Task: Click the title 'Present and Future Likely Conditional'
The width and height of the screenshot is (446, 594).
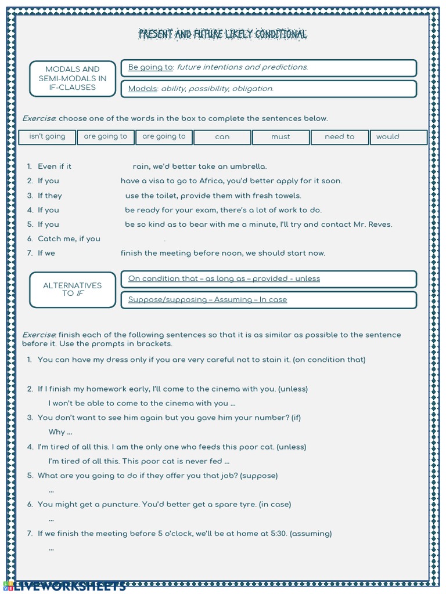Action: pos(223,35)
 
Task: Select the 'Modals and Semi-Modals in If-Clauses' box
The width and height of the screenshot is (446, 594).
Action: pos(73,78)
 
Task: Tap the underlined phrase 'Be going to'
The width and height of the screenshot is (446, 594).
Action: pos(150,67)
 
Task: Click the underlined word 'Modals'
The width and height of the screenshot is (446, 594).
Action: pos(142,89)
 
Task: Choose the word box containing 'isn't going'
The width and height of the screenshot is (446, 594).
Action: pos(47,137)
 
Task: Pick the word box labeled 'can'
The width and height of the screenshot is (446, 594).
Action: pos(222,137)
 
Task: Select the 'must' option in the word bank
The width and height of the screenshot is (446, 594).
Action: pos(280,137)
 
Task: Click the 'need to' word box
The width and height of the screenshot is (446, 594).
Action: pos(339,137)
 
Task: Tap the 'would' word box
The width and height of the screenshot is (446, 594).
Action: pos(388,137)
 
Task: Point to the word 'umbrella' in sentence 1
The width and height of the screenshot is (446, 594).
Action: pos(246,166)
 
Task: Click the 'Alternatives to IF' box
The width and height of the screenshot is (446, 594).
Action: pos(73,289)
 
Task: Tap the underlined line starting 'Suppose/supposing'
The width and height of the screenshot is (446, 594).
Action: pos(207,300)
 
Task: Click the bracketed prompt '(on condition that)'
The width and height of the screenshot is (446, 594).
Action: pos(329,360)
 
